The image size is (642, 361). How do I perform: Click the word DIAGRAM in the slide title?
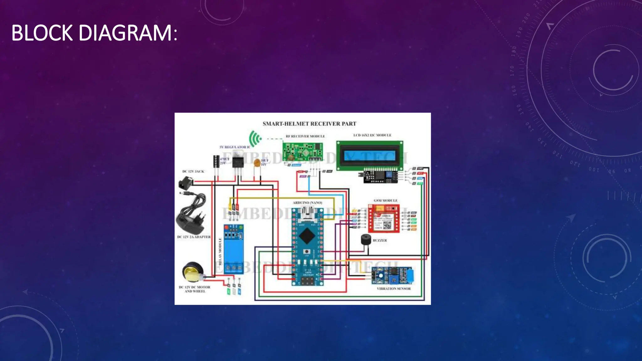(125, 33)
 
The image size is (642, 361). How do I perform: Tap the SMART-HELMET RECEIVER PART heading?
(309, 124)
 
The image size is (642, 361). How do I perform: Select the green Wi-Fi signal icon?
(255, 139)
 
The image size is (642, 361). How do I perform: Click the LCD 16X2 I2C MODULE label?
(372, 135)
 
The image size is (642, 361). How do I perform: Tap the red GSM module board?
(384, 218)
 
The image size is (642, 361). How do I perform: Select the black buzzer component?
(366, 240)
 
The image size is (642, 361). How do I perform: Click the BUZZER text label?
(380, 240)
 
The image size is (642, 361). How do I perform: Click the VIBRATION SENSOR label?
(393, 289)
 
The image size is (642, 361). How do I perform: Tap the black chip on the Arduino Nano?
(307, 235)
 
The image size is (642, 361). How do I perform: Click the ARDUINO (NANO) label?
(307, 203)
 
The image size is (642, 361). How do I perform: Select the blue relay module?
(234, 249)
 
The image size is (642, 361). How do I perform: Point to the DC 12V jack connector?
(186, 183)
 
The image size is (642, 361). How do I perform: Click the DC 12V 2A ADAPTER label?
(194, 237)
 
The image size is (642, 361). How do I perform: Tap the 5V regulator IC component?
(238, 161)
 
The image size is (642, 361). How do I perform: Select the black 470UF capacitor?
(216, 161)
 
